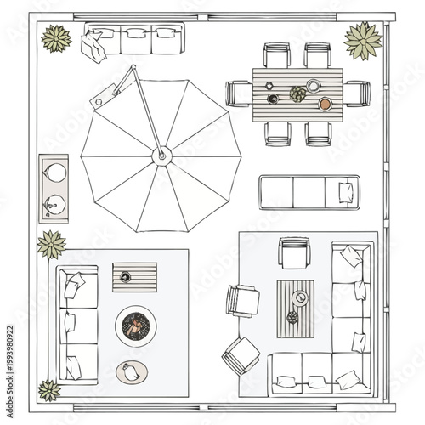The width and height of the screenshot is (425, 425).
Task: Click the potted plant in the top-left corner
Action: tap(56, 38)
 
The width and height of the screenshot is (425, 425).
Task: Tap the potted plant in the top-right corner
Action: tap(363, 40)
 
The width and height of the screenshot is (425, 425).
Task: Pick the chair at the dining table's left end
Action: tap(238, 93)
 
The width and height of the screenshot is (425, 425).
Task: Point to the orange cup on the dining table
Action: tap(325, 104)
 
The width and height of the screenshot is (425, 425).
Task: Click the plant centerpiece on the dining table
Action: tap(297, 93)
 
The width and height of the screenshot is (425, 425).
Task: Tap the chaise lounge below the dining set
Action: tap(309, 191)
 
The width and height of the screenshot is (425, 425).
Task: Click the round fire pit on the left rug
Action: tap(135, 326)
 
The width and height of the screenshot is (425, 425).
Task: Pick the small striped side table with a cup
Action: tap(134, 277)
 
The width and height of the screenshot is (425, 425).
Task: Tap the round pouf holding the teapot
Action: tap(129, 371)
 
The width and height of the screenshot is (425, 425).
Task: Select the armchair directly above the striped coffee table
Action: tap(294, 252)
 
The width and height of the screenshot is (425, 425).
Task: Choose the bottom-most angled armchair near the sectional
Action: tap(241, 354)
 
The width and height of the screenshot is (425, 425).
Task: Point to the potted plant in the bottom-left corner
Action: tap(50, 391)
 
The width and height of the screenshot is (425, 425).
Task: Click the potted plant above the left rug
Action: tap(52, 244)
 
